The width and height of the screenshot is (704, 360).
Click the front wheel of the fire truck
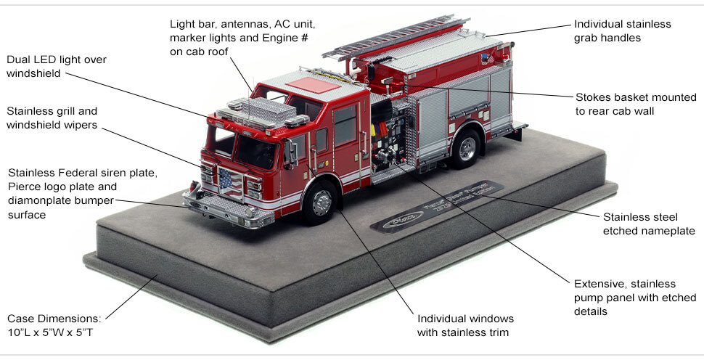tap(319, 202)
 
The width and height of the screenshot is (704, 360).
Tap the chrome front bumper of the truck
tap(221, 210)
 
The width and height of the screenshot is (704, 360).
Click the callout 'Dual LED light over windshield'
tap(54, 66)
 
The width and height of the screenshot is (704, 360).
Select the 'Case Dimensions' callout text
tap(55, 325)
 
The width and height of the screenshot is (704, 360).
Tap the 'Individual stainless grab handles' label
tap(622, 30)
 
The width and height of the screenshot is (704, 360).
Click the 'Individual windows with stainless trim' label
tap(465, 325)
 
